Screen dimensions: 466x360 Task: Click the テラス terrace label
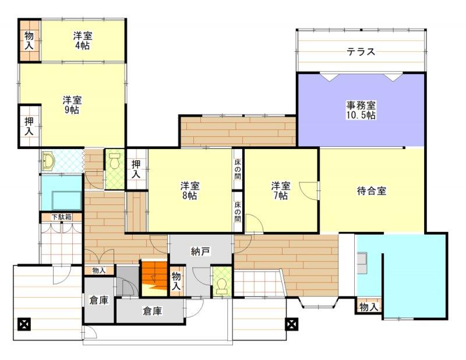tap(361, 52)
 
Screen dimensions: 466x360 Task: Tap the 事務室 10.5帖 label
tap(361, 110)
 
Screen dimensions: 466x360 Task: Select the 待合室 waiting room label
tap(372, 190)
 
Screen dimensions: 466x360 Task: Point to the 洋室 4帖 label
tap(83, 41)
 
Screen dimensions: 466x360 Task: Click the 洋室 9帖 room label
tap(72, 105)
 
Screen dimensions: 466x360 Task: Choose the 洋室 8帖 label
tap(190, 190)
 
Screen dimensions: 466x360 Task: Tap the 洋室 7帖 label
tap(281, 190)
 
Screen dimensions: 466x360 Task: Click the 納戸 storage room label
tap(200, 252)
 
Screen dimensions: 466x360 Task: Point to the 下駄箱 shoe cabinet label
tap(62, 217)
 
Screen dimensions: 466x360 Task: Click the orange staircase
tap(154, 278)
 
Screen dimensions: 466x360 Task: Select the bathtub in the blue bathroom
tap(66, 200)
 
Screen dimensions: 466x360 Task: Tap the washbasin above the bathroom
tap(48, 161)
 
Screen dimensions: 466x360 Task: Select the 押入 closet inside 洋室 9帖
tap(29, 126)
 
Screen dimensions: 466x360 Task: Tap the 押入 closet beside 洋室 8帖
tap(136, 169)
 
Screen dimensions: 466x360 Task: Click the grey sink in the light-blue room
tap(362, 263)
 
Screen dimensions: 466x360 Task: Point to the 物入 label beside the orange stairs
tap(176, 281)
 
